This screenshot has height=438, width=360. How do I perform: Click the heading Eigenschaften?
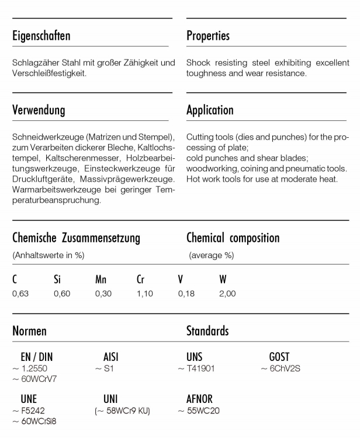point(41,36)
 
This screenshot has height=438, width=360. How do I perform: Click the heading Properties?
point(208,36)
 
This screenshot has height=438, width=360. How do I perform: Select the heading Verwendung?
point(39,110)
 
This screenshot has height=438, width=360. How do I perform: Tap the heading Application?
point(210,110)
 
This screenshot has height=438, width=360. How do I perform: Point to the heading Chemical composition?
point(233,238)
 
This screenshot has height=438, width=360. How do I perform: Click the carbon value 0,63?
point(20,294)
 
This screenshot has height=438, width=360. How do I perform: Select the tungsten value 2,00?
point(228,294)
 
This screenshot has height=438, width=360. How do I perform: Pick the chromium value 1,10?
point(144,294)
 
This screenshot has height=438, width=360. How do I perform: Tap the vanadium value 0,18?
point(186,294)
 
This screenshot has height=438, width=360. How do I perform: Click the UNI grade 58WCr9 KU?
point(123,412)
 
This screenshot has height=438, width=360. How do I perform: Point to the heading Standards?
point(207,331)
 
